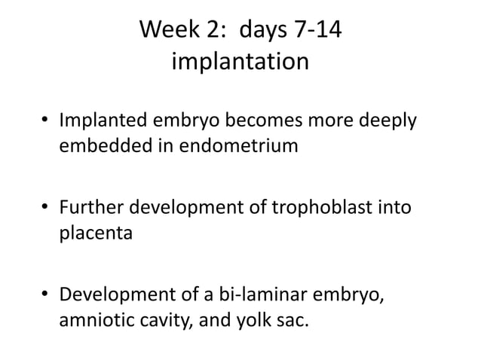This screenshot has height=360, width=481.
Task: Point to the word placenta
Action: tap(96, 233)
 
